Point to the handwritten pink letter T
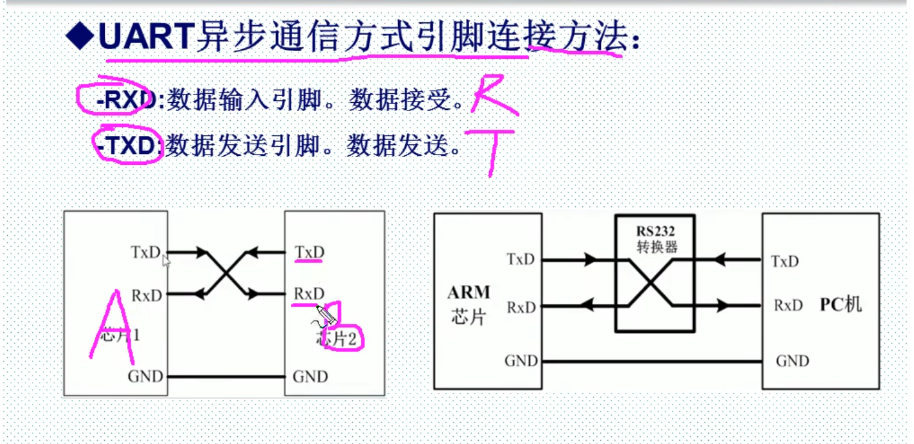click(491, 150)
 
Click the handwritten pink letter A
click(114, 326)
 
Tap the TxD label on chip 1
click(146, 252)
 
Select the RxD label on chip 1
click(146, 295)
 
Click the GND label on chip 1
click(145, 376)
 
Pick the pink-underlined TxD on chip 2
click(309, 253)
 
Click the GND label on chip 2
click(310, 376)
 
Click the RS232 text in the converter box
click(655, 231)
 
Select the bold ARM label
click(469, 293)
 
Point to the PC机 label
click(840, 304)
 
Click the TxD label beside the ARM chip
click(520, 260)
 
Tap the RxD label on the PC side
click(787, 305)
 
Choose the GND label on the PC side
click(792, 362)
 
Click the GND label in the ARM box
click(521, 362)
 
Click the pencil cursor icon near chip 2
click(325, 315)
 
